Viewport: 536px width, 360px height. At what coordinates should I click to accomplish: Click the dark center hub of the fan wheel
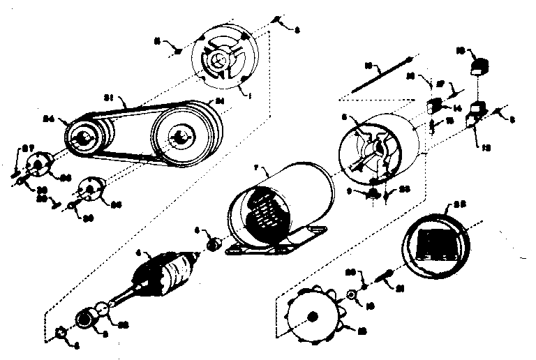pyautogui.click(x=317, y=317)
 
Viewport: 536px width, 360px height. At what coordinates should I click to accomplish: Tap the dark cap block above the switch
pyautogui.click(x=479, y=68)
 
